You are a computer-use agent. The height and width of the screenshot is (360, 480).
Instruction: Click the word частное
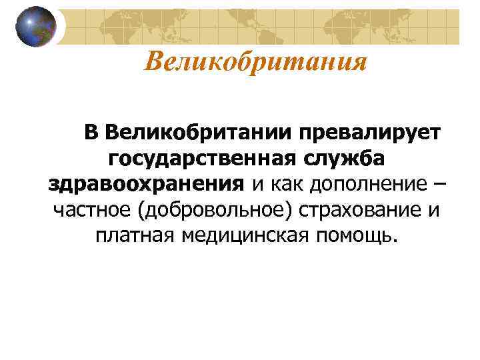92,209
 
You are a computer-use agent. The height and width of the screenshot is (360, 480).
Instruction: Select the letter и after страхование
433,209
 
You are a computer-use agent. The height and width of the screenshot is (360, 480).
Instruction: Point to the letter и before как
257,184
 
